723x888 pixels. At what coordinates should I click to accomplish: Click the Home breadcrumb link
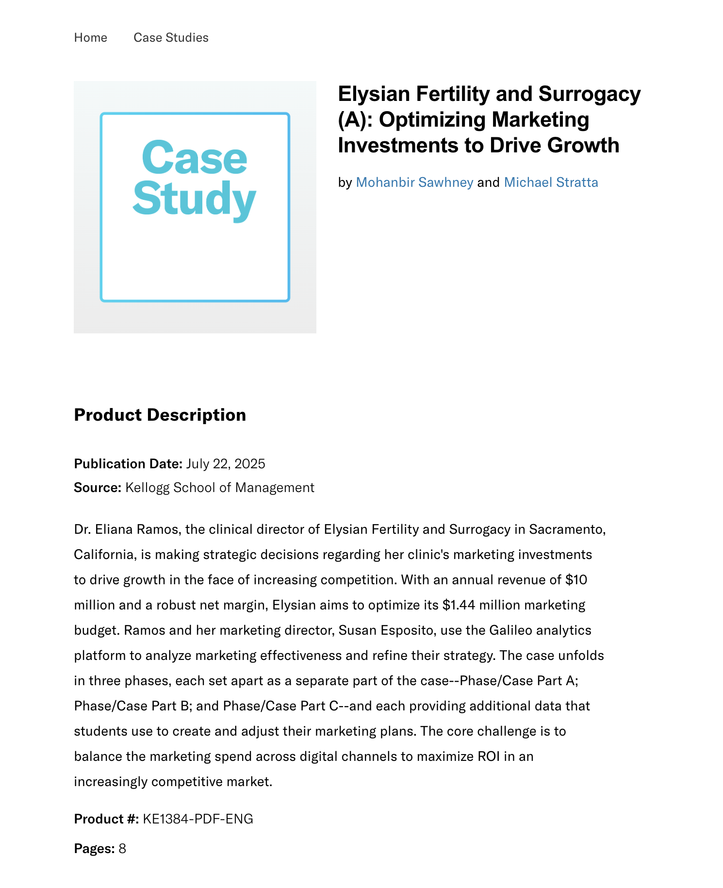point(90,37)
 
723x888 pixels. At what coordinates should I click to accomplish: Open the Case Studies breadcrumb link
point(171,37)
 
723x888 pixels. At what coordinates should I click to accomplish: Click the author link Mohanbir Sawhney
point(414,182)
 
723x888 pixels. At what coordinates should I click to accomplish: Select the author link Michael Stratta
point(551,182)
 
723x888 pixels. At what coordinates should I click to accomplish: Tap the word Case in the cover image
point(195,158)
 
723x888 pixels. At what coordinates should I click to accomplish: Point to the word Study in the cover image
point(194,199)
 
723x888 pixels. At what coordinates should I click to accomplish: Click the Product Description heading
point(160,415)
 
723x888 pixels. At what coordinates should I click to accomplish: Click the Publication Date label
point(128,464)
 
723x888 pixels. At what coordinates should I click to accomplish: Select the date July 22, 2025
point(226,464)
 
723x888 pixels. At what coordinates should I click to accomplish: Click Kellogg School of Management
point(220,487)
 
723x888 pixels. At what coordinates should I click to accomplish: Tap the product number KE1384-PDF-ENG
point(198,819)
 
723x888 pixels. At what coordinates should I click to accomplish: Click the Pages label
point(94,849)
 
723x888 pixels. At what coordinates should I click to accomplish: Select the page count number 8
point(122,849)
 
